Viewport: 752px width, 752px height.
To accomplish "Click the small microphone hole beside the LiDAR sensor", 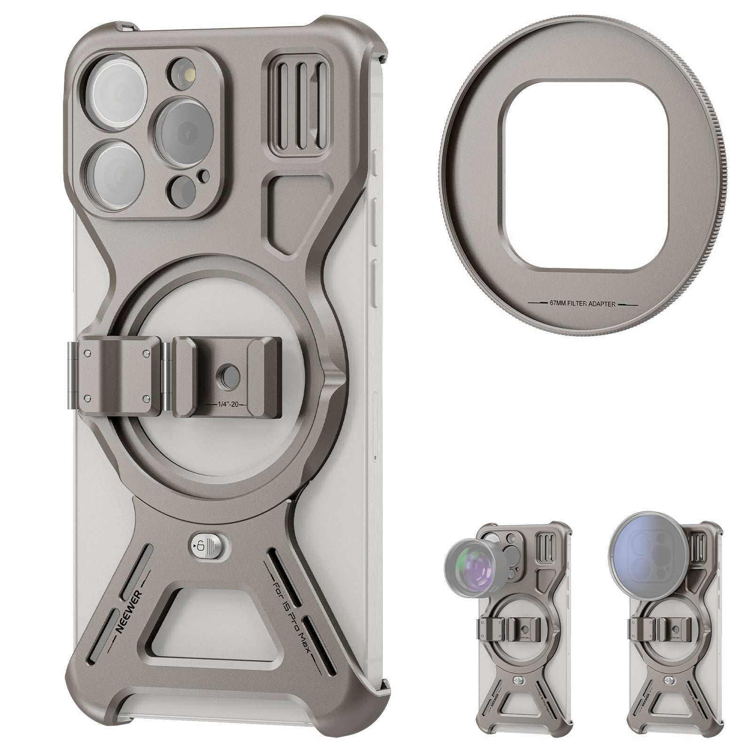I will (203, 176).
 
